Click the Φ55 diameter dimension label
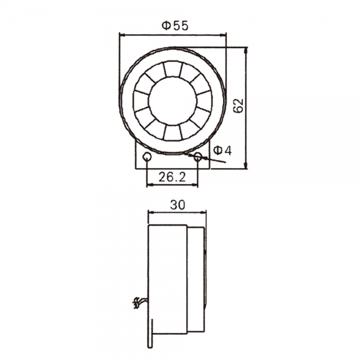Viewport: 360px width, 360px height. (x=175, y=25)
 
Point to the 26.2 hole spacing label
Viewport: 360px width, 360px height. (x=172, y=176)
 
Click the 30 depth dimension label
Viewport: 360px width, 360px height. (x=177, y=204)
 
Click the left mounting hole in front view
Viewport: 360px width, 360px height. (x=147, y=157)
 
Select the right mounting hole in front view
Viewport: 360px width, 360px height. (x=197, y=157)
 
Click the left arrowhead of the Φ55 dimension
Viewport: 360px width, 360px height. (x=122, y=35)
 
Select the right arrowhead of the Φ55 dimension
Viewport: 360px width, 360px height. (x=225, y=35)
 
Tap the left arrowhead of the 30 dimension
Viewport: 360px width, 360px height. (x=150, y=212)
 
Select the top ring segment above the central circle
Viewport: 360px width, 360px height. (x=172, y=69)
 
